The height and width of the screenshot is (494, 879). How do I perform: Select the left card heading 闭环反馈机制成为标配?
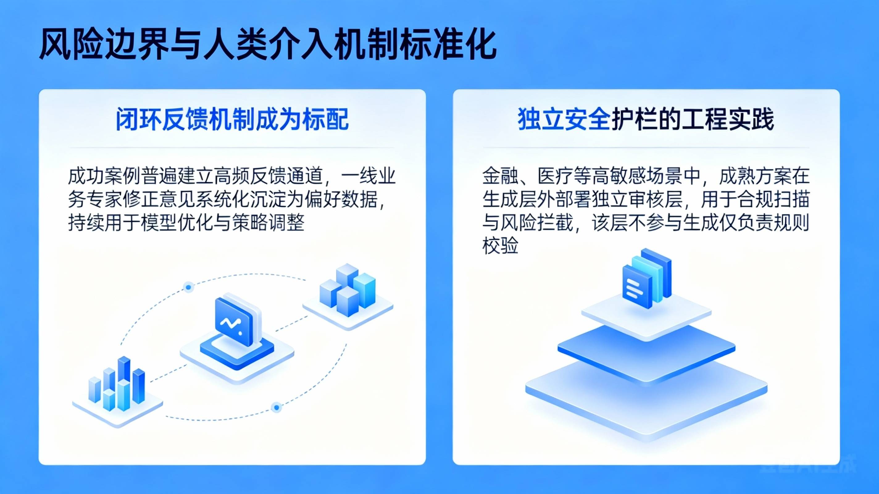[232, 119]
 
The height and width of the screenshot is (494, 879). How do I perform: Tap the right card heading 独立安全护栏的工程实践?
[646, 119]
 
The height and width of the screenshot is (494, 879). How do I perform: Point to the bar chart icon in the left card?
[117, 385]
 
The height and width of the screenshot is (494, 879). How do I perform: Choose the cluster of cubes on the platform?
[347, 290]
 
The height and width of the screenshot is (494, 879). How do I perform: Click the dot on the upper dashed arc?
[188, 287]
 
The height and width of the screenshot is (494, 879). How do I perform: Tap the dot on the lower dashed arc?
[277, 408]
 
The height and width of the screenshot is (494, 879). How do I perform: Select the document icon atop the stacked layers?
[647, 278]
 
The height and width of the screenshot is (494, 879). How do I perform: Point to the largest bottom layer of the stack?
[646, 400]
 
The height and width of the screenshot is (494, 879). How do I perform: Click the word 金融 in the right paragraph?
[500, 176]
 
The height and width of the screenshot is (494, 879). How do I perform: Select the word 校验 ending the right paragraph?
[500, 245]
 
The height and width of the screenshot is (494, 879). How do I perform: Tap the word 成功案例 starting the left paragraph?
[104, 176]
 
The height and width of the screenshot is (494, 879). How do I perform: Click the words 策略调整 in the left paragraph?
[268, 223]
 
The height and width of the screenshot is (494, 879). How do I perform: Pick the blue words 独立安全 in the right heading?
[564, 119]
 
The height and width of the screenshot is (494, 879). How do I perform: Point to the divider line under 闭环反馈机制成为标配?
[232, 148]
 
